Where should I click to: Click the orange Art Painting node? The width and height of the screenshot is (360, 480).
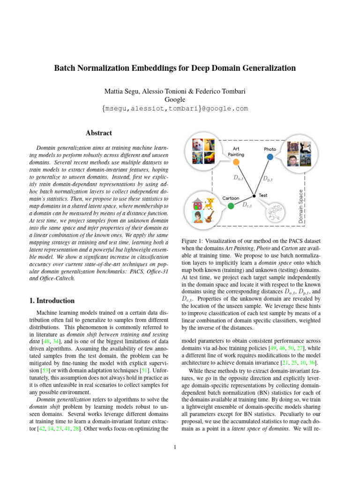pyautogui.click(x=236, y=162)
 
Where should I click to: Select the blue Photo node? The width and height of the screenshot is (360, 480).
pyautogui.click(x=270, y=157)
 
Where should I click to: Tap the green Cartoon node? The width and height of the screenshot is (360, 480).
pyautogui.click(x=231, y=205)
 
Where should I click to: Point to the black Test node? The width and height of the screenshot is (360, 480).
pyautogui.click(x=254, y=195)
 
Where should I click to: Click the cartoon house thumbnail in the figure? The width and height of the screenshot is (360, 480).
pyautogui.click(x=198, y=203)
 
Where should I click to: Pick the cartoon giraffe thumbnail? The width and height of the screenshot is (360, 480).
pyautogui.click(x=210, y=203)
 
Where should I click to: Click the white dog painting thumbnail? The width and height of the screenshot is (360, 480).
pyautogui.click(x=198, y=145)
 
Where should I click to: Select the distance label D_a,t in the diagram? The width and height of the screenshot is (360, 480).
pyautogui.click(x=239, y=178)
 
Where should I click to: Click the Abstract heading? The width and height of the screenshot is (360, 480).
pyautogui.click(x=99, y=133)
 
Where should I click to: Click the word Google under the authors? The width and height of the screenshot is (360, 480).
pyautogui.click(x=175, y=99)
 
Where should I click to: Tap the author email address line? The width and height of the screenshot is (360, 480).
pyautogui.click(x=175, y=109)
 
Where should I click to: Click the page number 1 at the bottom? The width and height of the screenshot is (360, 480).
pyautogui.click(x=174, y=447)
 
